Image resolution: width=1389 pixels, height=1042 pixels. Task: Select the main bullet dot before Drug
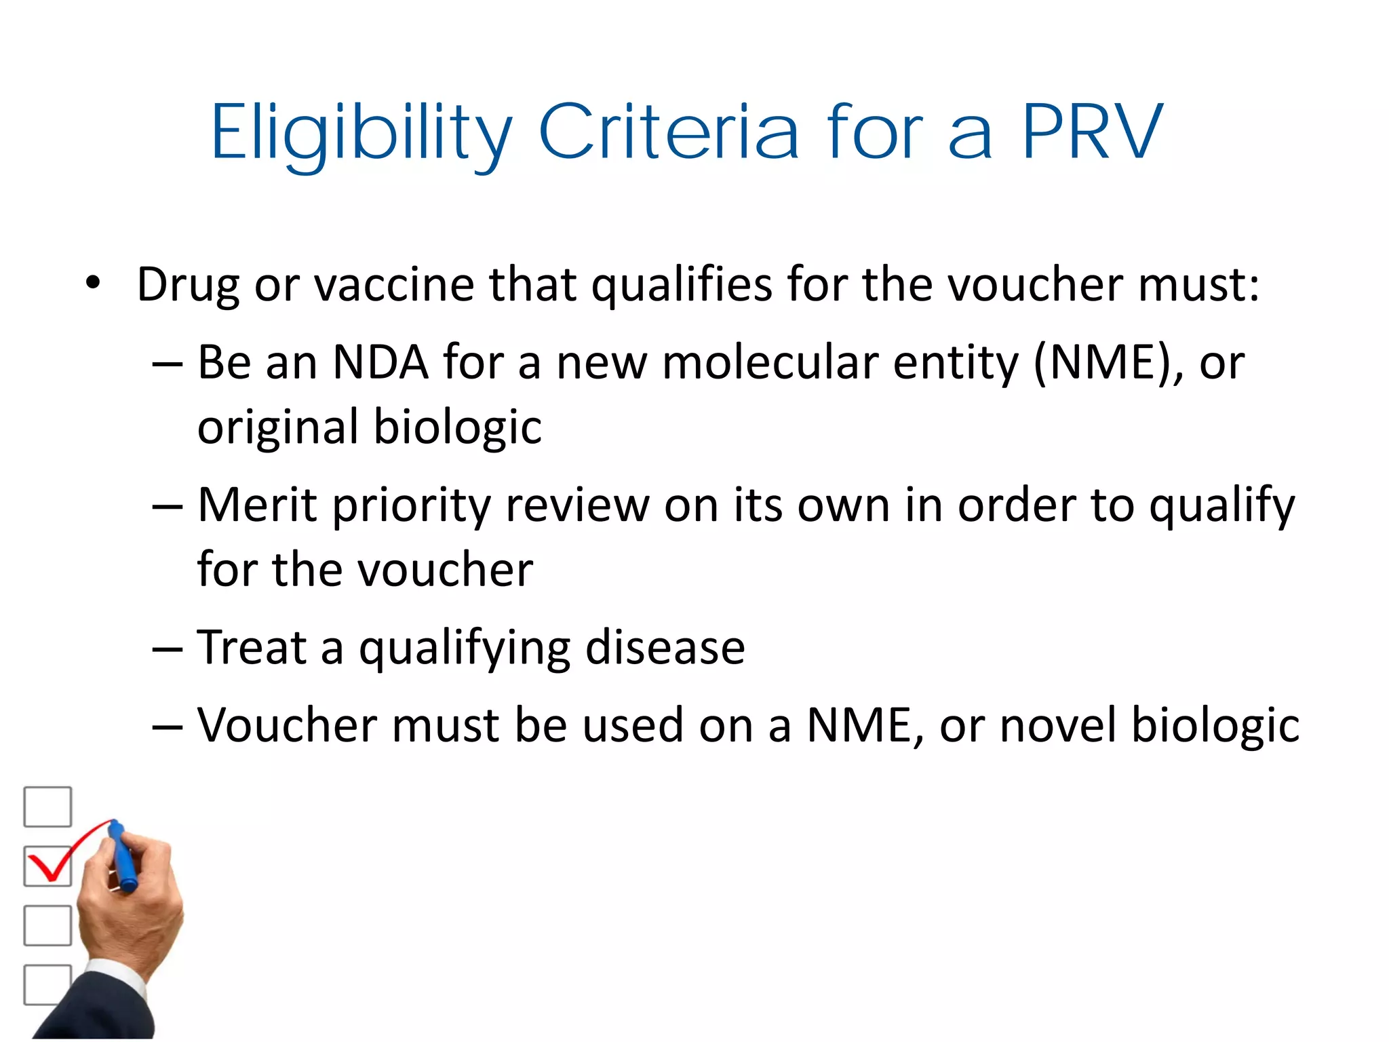pyautogui.click(x=93, y=282)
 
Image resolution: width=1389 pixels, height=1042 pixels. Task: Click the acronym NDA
pyautogui.click(x=380, y=362)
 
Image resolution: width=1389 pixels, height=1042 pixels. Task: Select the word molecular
pyautogui.click(x=770, y=362)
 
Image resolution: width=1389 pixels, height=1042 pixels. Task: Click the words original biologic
pyautogui.click(x=370, y=427)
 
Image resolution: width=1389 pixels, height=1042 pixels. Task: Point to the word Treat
pyautogui.click(x=252, y=647)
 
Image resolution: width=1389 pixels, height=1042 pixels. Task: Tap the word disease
pyautogui.click(x=665, y=647)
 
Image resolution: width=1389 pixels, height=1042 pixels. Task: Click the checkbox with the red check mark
pyautogui.click(x=47, y=866)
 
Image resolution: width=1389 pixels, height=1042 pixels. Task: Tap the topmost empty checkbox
pyautogui.click(x=47, y=807)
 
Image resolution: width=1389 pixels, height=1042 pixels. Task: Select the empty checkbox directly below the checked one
pyautogui.click(x=47, y=925)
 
